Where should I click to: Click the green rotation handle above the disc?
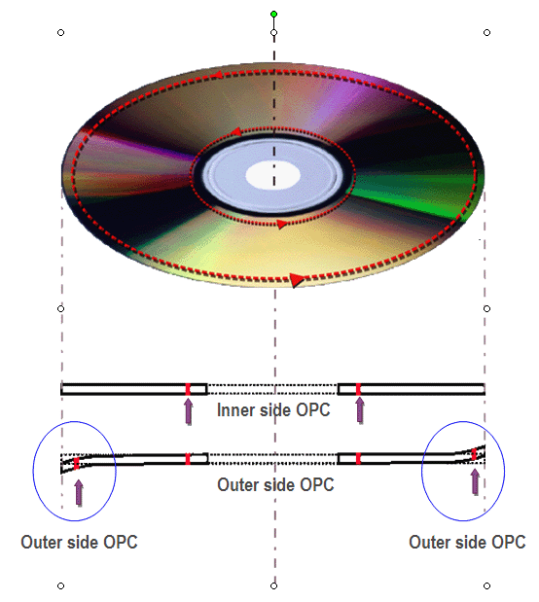[273, 15]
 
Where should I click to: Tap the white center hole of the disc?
[272, 175]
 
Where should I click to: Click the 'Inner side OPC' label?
[273, 410]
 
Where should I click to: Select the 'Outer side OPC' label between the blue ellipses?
[275, 484]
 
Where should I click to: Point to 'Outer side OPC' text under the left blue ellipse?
[79, 542]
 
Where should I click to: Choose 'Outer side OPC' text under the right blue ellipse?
[467, 542]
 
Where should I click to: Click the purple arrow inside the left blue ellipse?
[79, 492]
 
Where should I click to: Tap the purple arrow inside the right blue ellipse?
[475, 482]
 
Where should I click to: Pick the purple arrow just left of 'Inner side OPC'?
[188, 411]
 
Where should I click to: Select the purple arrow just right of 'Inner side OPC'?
[360, 410]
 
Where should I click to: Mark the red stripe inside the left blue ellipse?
[77, 463]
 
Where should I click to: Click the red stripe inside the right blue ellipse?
[474, 454]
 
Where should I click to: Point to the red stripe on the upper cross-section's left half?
[188, 389]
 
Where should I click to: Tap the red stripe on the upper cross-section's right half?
[358, 389]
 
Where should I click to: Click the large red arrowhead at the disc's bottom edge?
[297, 280]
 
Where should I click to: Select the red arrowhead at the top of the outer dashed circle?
[217, 75]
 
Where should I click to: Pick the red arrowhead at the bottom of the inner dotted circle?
[282, 225]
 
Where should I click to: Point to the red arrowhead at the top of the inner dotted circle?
[235, 132]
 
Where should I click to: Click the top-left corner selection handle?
[60, 33]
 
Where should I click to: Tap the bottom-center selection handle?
[273, 585]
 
